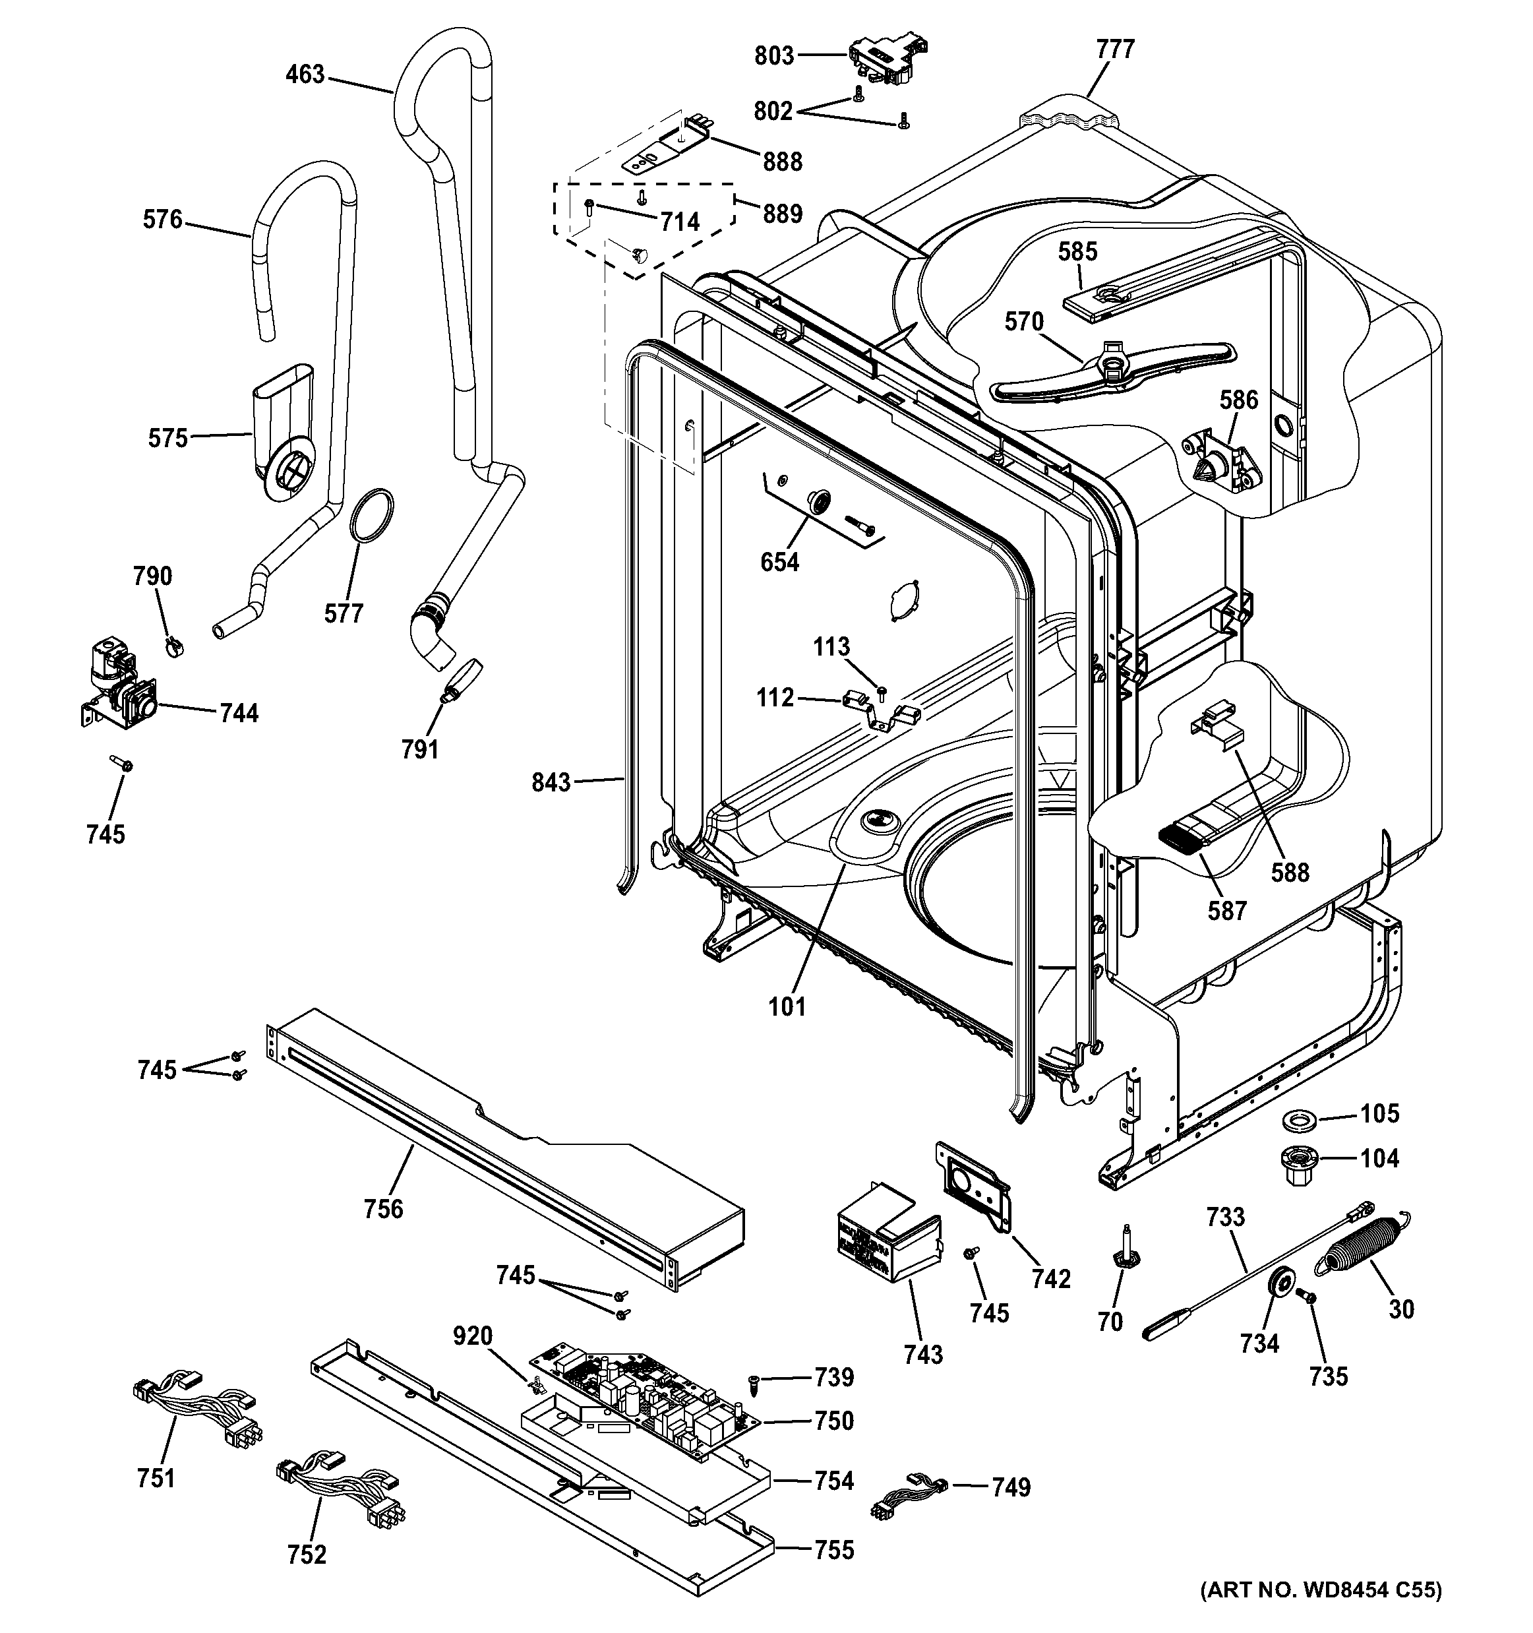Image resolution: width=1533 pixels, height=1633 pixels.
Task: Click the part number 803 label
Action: point(774,56)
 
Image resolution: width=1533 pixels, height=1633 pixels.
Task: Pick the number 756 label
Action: point(384,1208)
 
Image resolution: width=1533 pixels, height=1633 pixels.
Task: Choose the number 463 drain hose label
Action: point(305,75)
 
